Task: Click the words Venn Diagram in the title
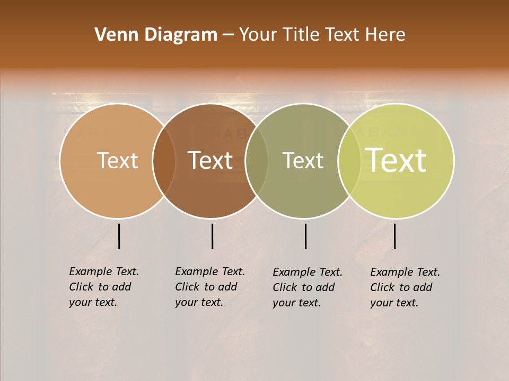(155, 35)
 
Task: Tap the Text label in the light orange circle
(117, 160)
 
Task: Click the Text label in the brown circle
(210, 160)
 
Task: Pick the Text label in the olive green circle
(303, 160)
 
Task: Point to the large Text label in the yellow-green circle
(396, 160)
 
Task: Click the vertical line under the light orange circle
(119, 236)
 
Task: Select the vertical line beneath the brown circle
(212, 236)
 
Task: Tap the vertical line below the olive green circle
(305, 236)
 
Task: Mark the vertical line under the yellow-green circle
(394, 236)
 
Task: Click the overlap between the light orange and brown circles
(164, 160)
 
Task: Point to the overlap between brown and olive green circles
(257, 160)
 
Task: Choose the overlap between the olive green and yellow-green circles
(349, 160)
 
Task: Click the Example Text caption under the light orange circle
(104, 287)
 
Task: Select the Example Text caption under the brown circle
(210, 287)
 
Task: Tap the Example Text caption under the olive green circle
(308, 287)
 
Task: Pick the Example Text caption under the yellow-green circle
(405, 287)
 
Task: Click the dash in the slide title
(228, 35)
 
